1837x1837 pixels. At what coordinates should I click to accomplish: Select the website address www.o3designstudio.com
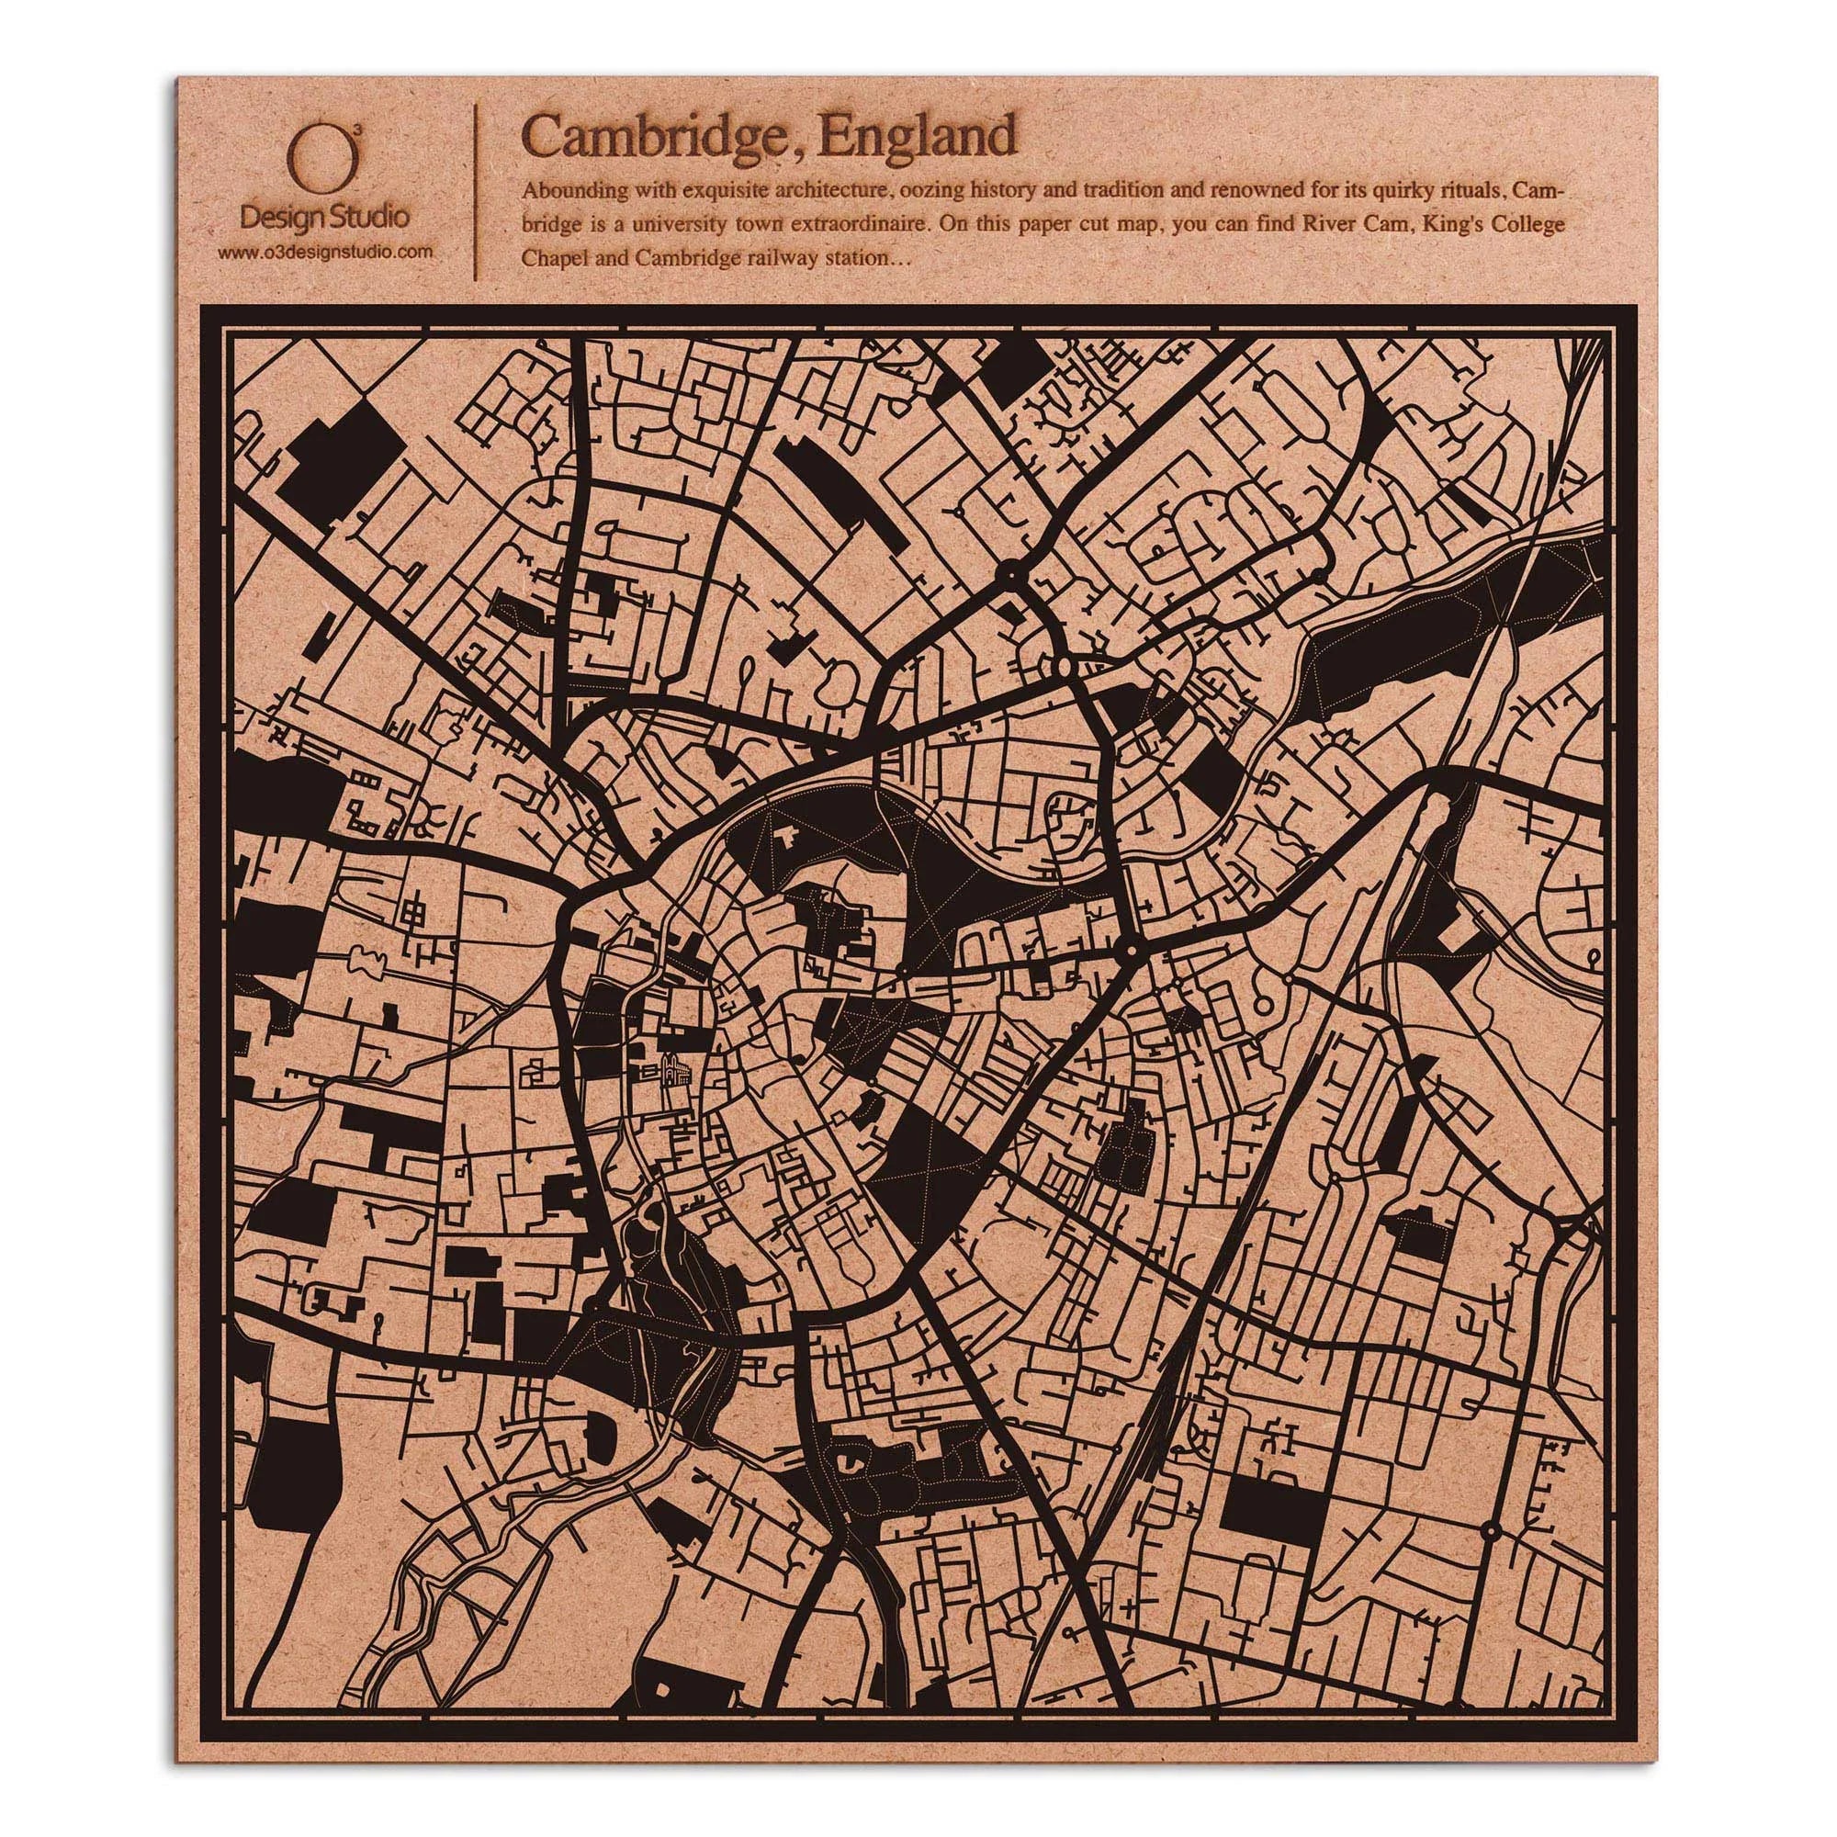326,252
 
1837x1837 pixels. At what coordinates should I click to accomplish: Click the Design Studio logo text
325,218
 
